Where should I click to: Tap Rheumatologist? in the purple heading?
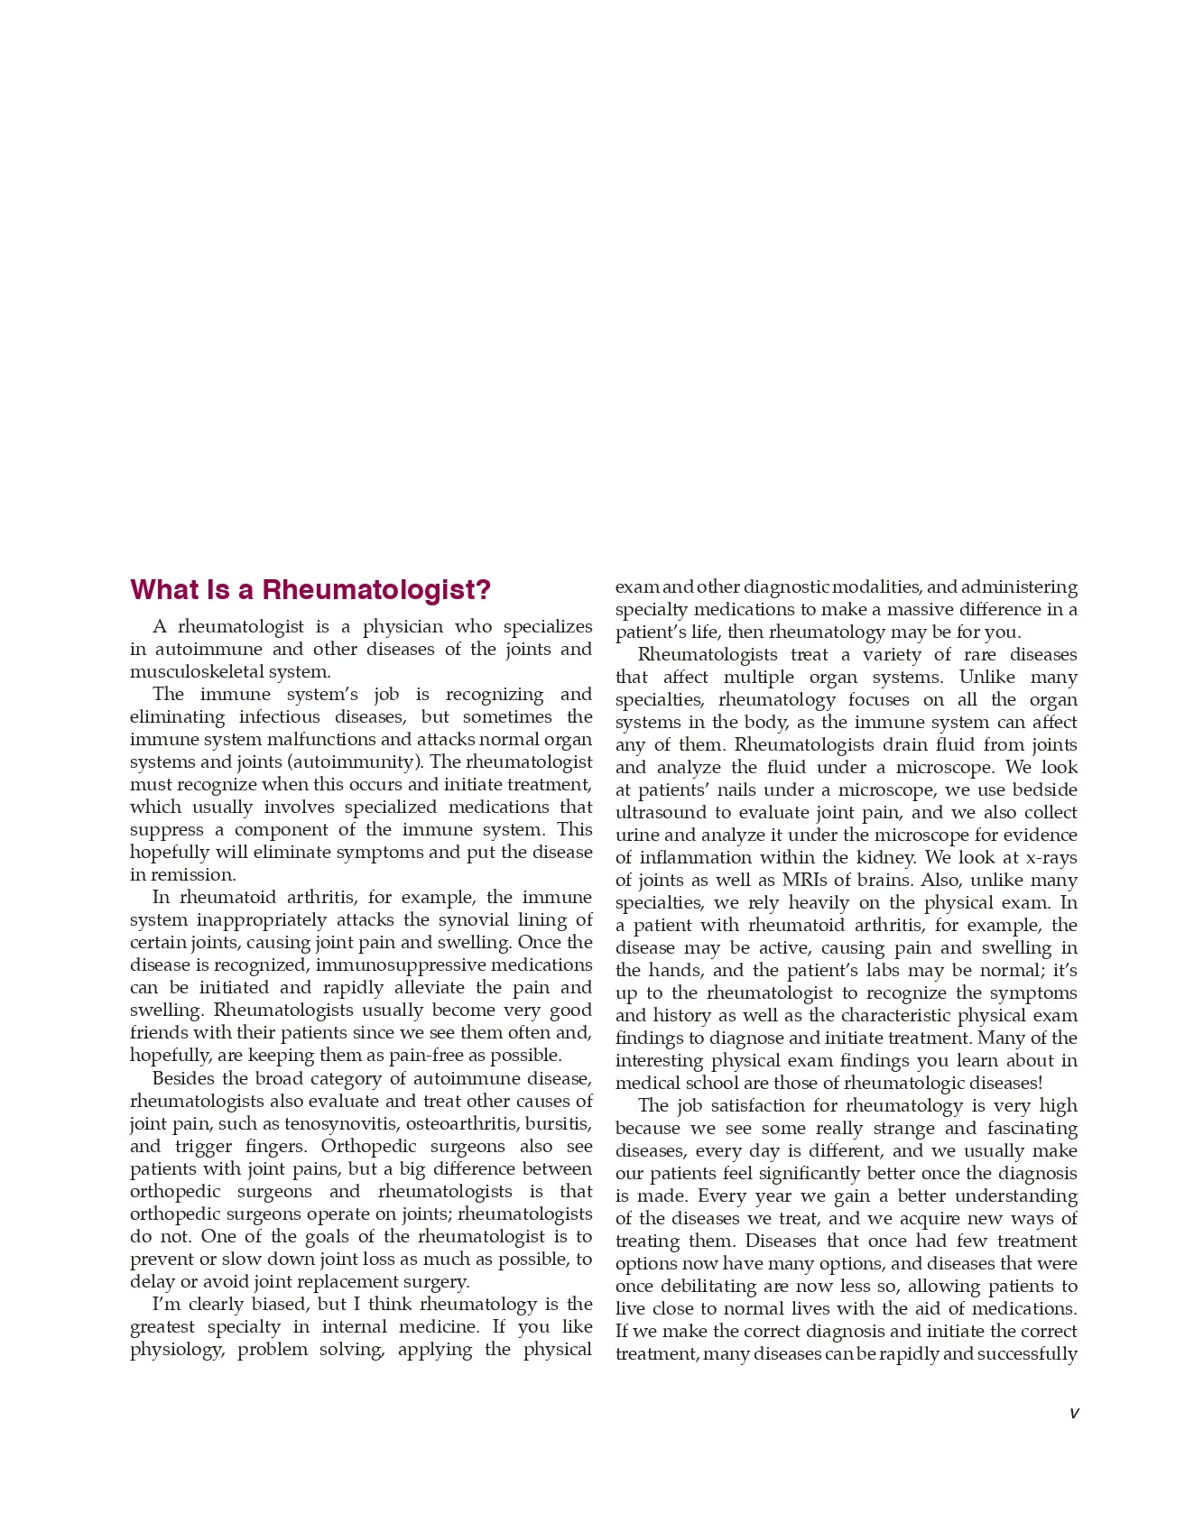coord(376,590)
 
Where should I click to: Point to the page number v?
coord(1073,1413)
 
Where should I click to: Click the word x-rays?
coord(1047,858)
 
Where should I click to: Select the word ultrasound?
coord(662,813)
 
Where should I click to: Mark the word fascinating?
coord(1032,1129)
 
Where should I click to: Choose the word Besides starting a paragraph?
coord(185,1079)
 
